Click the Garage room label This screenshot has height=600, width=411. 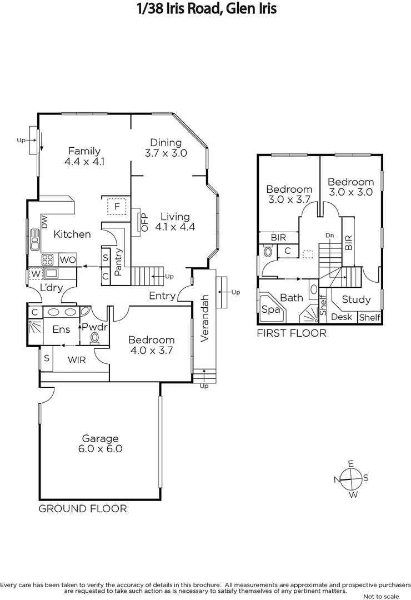tap(100, 438)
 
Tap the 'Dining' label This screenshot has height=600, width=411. tap(166, 142)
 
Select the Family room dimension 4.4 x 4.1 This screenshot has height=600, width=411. tap(84, 162)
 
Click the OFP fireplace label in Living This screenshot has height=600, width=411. tap(145, 222)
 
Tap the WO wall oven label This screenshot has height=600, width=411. tap(67, 259)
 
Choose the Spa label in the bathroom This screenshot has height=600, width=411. tap(270, 310)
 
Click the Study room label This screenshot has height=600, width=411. tap(356, 299)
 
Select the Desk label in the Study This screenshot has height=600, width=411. tap(341, 317)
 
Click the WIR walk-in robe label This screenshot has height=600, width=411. tap(77, 360)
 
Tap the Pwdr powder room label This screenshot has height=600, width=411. tap(94, 327)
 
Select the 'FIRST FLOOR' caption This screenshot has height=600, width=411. tap(291, 333)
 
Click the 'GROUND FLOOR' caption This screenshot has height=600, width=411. tap(82, 508)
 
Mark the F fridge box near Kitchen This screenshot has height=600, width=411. tap(117, 206)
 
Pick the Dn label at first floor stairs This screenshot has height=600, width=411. tap(330, 236)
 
